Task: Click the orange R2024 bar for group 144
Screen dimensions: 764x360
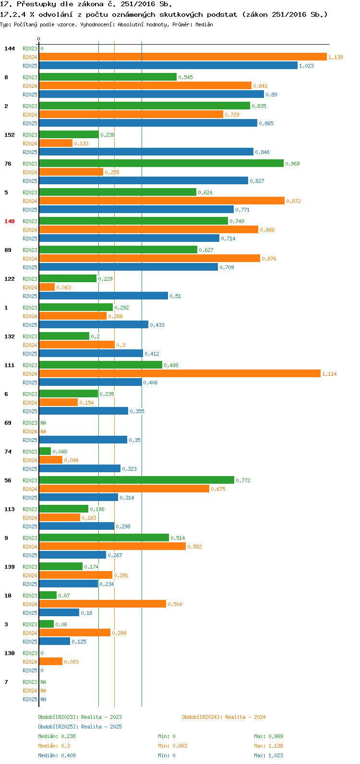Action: [182, 57]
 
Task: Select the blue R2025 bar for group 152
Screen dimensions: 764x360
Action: [146, 152]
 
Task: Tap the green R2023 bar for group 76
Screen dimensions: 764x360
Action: [161, 164]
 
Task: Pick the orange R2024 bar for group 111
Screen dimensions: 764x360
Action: [180, 374]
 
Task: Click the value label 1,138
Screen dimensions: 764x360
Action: [336, 57]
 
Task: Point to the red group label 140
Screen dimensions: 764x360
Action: [10, 221]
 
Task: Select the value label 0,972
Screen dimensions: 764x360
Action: [293, 201]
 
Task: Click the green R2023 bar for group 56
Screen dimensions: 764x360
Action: [136, 480]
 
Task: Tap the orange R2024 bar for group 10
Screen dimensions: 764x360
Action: [102, 604]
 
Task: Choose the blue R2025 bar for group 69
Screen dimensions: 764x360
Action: [83, 440]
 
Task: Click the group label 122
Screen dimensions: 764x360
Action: [10, 279]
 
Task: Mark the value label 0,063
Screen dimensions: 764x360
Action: [63, 287]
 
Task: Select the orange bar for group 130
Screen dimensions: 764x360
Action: [50, 662]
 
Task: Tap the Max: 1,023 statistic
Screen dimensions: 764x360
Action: [268, 755]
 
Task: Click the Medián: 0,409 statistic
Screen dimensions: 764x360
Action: [57, 755]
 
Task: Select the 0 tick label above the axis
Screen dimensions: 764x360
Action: [39, 39]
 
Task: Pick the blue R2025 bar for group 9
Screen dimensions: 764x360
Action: [72, 555]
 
